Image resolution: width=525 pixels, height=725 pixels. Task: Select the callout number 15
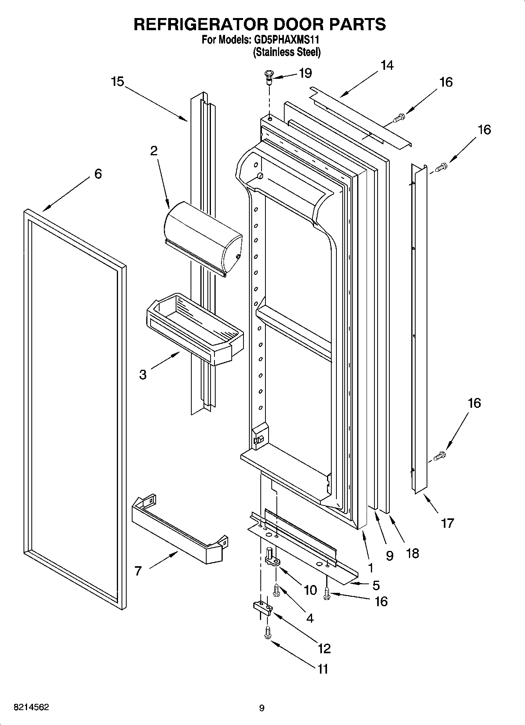117,82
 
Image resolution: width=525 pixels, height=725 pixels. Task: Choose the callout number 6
98,173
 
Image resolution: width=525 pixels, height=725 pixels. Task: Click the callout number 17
447,523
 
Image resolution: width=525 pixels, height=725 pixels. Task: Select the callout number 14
387,65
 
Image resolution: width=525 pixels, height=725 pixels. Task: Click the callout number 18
412,553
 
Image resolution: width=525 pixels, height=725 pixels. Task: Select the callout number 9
389,556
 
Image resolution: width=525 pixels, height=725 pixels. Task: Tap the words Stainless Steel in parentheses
287,52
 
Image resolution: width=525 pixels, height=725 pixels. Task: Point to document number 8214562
31,707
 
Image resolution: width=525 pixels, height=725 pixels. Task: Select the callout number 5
376,585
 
